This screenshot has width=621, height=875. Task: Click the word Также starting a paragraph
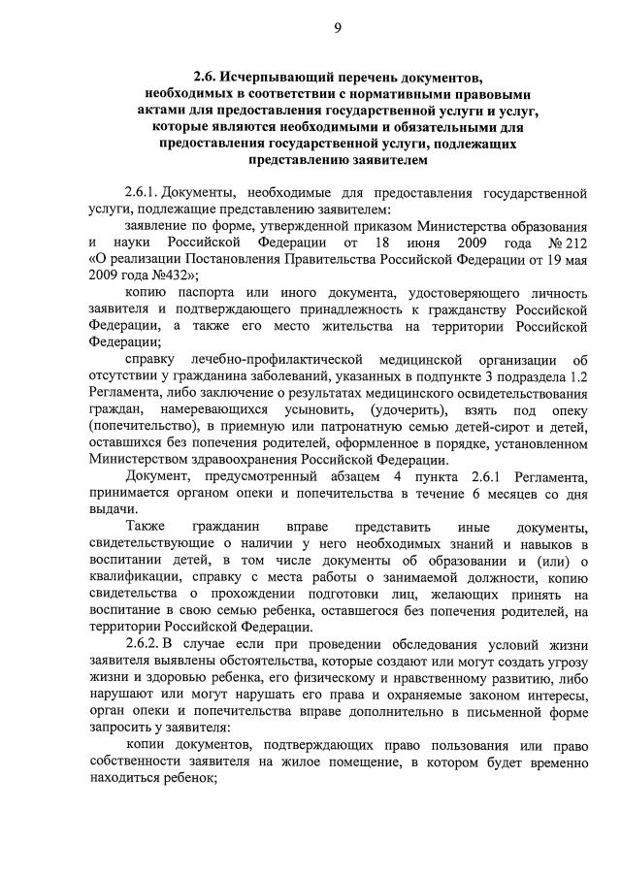pos(146,526)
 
